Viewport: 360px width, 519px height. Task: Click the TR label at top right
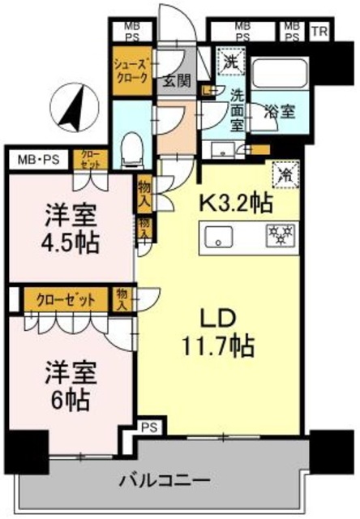pyautogui.click(x=319, y=32)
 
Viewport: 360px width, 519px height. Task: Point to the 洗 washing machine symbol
pyautogui.click(x=229, y=60)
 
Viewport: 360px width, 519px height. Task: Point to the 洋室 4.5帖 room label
pyautogui.click(x=71, y=229)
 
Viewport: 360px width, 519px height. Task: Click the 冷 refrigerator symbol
pyautogui.click(x=285, y=174)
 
